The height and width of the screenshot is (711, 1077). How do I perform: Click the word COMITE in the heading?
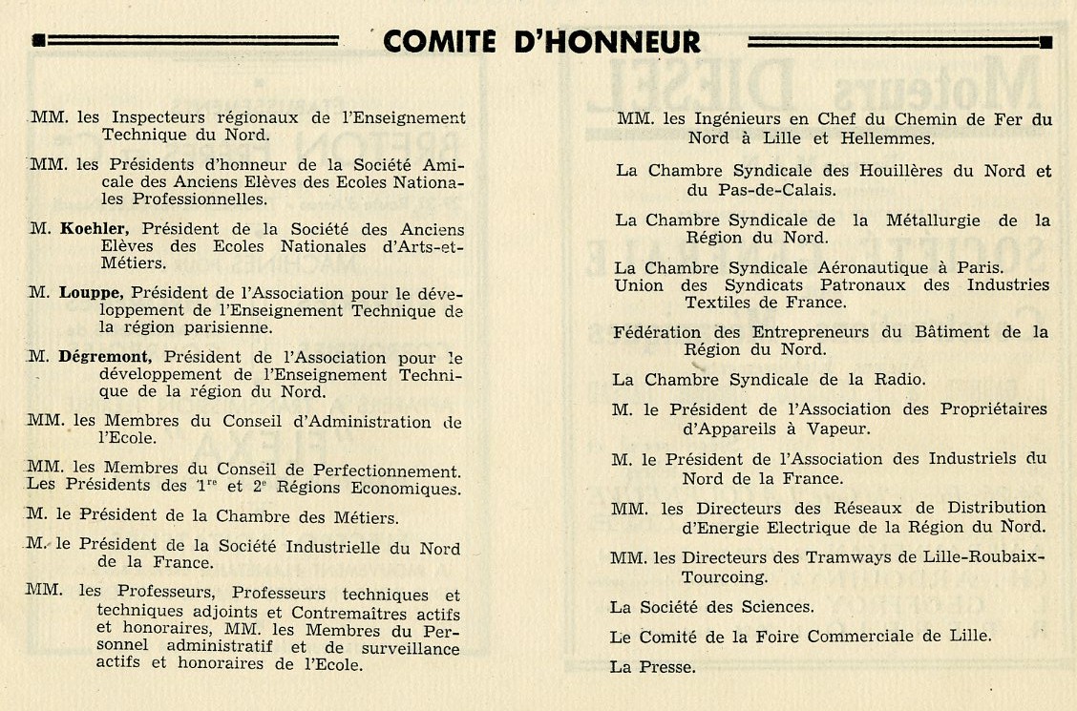tap(439, 42)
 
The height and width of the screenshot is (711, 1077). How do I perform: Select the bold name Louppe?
tap(95, 292)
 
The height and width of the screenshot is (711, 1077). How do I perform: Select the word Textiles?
tap(718, 303)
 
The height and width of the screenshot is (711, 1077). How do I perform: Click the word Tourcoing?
tap(724, 576)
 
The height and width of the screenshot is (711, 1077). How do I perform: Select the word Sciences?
tap(766, 606)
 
